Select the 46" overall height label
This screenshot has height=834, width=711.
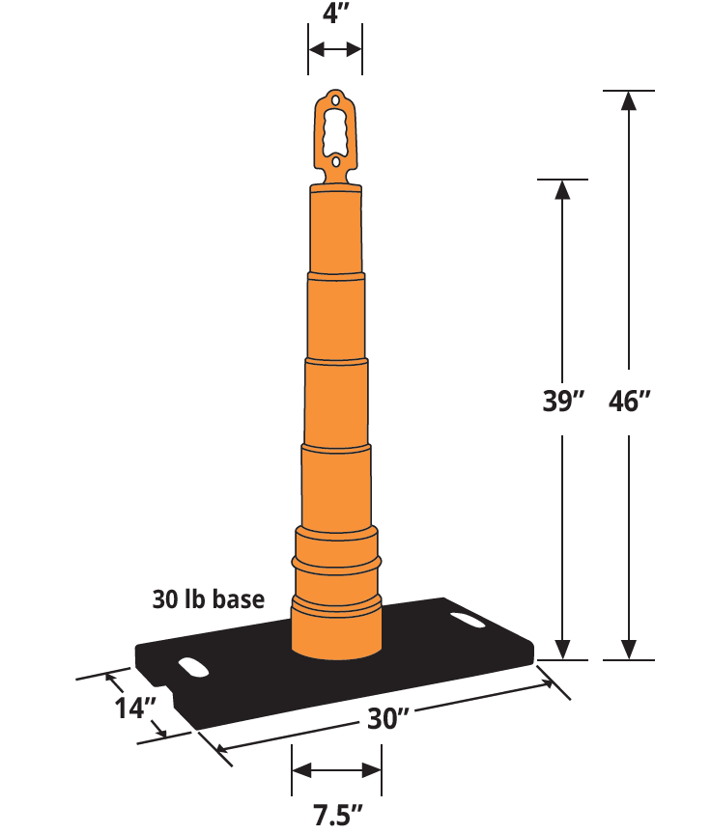coord(631,401)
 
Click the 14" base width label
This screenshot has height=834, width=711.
coord(135,708)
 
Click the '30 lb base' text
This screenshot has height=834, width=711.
coord(208,599)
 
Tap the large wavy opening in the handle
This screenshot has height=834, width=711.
coord(335,130)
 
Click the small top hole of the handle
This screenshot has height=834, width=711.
coord(335,99)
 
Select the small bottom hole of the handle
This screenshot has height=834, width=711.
coord(335,163)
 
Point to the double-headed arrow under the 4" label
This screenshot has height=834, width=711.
coord(335,49)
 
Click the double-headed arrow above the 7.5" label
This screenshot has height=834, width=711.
coord(336,769)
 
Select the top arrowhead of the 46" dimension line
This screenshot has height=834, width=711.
coord(630,99)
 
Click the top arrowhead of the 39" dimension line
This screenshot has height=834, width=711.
coord(562,189)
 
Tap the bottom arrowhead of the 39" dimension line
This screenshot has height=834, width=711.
coord(562,650)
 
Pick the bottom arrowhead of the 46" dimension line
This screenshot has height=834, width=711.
coord(630,650)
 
